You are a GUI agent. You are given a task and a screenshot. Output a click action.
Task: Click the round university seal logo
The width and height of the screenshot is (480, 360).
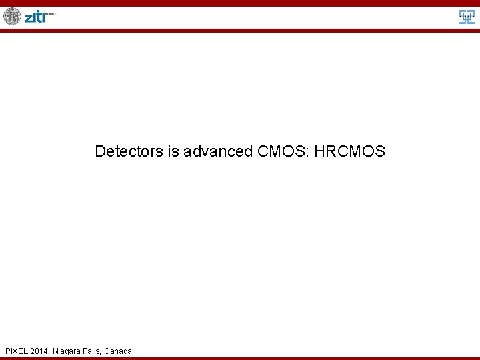click(12, 16)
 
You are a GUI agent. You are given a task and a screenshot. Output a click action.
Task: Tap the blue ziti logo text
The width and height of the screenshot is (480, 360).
click(35, 17)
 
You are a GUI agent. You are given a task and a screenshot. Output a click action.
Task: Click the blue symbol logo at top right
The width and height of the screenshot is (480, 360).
click(467, 17)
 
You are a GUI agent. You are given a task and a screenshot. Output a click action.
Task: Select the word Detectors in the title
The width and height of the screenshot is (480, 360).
click(129, 151)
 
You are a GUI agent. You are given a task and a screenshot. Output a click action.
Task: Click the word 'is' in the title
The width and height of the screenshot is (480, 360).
click(173, 151)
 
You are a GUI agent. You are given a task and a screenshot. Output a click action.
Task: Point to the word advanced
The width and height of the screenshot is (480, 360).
click(218, 151)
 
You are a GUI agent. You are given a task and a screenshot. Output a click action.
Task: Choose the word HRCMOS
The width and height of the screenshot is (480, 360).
click(349, 151)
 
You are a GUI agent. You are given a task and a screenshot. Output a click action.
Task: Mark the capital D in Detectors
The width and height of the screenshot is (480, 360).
click(100, 151)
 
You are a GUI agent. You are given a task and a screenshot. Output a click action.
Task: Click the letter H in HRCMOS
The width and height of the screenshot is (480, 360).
click(319, 151)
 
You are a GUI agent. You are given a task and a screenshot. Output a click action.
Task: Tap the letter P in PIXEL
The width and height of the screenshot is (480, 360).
click(7, 351)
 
